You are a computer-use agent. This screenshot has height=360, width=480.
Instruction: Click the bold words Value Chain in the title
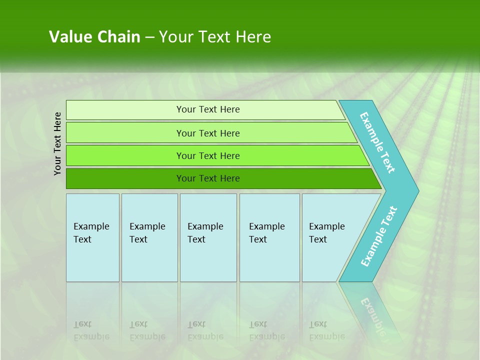(x=94, y=37)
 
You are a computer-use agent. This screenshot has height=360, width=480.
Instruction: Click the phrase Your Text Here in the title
(x=215, y=37)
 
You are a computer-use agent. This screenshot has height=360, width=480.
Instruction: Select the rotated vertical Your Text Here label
(x=57, y=143)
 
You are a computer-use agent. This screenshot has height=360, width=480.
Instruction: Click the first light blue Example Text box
(x=92, y=237)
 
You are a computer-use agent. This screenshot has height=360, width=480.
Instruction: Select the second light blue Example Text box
(x=149, y=237)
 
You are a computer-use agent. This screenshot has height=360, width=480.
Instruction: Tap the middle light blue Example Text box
(x=208, y=237)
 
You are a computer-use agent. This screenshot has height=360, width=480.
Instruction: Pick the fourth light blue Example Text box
(x=269, y=237)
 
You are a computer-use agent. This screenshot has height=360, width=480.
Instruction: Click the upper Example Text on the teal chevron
(x=377, y=142)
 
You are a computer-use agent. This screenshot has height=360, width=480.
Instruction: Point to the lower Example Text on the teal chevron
(x=379, y=236)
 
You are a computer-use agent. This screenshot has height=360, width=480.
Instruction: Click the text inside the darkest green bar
(x=208, y=178)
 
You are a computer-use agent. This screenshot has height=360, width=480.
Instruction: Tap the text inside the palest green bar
(x=208, y=109)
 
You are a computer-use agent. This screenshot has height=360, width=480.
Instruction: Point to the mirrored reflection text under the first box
(x=91, y=331)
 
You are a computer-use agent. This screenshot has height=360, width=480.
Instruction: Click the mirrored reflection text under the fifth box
(x=326, y=331)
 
